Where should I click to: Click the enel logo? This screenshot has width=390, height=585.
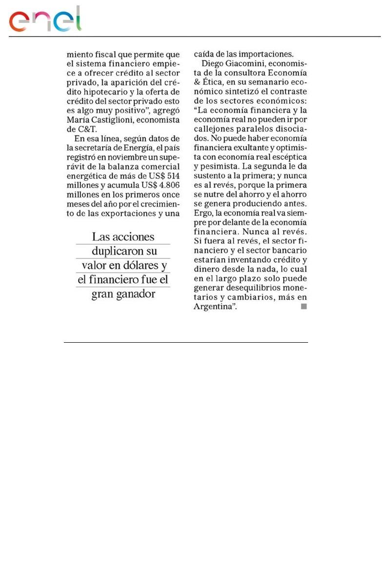click(x=45, y=20)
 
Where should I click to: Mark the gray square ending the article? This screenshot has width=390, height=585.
click(x=303, y=307)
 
